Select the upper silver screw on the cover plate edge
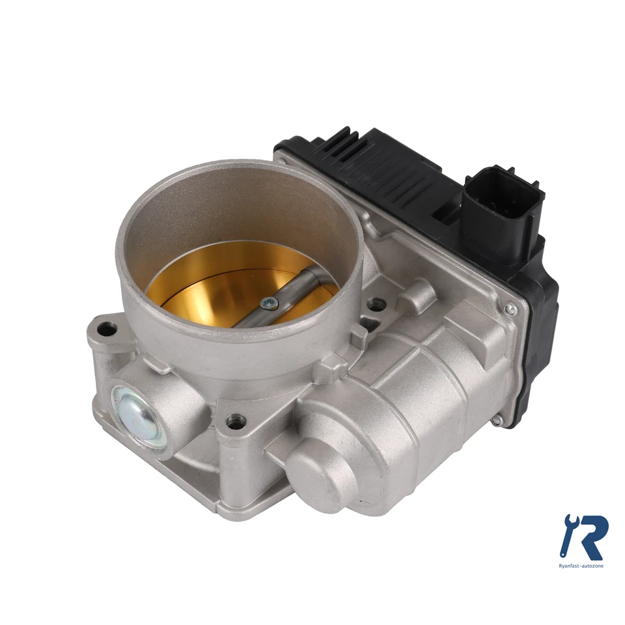(511, 311)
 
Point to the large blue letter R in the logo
(589, 536)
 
